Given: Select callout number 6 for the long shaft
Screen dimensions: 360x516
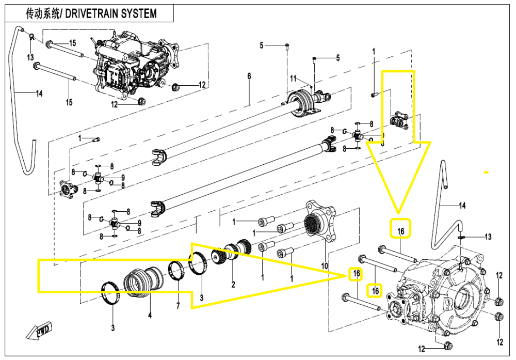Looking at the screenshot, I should (249, 76).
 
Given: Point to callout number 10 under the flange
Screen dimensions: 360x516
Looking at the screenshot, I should (325, 266).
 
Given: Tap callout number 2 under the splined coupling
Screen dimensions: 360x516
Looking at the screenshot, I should (233, 284).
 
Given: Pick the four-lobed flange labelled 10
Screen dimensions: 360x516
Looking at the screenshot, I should (320, 221).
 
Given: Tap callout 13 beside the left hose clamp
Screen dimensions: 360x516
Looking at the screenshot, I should (30, 56).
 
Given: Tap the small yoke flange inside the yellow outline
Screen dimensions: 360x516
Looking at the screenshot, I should (400, 120).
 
